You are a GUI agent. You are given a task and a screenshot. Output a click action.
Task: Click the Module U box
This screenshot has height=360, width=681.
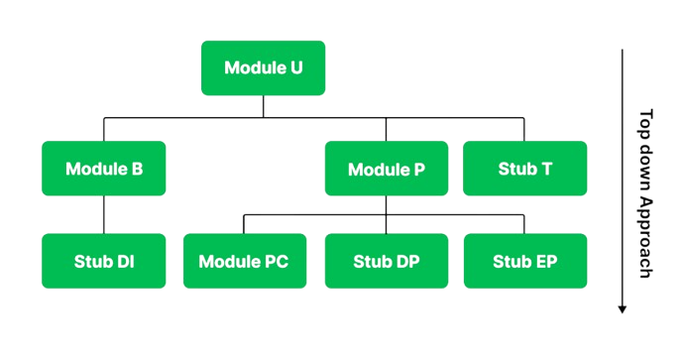(263, 68)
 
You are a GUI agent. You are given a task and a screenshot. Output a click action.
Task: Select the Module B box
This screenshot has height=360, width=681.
(104, 169)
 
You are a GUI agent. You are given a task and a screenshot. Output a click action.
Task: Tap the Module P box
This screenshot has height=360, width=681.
(387, 169)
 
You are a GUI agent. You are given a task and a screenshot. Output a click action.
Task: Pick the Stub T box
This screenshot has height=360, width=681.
(524, 169)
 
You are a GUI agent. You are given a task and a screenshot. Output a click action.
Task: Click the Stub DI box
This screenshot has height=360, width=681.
(104, 262)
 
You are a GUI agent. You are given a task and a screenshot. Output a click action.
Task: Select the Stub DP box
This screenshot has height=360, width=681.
(387, 262)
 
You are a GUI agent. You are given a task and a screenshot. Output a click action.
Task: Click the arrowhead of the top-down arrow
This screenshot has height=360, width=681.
(622, 308)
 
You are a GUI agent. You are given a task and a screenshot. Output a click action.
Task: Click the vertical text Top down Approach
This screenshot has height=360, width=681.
(645, 193)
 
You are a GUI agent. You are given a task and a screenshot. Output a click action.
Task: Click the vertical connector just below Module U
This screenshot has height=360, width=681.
(263, 107)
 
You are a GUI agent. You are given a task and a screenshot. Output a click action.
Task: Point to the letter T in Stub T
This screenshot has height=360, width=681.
(547, 169)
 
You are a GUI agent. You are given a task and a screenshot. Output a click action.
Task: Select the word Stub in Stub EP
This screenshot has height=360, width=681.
(511, 262)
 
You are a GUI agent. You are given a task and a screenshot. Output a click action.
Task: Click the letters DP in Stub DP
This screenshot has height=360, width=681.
(408, 262)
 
